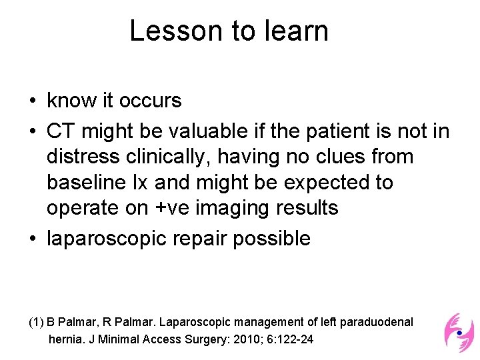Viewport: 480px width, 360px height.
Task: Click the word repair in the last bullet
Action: click(200, 238)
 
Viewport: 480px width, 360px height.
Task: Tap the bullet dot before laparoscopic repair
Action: click(32, 239)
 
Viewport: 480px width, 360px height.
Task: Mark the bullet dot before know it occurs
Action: click(32, 101)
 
